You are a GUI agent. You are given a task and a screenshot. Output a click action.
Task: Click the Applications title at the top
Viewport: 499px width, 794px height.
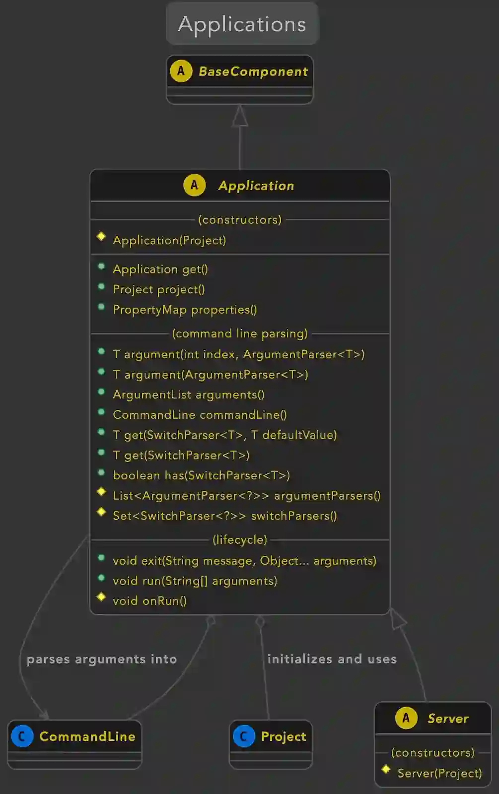(x=242, y=24)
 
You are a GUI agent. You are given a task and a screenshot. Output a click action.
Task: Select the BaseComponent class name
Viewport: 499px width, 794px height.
(x=253, y=71)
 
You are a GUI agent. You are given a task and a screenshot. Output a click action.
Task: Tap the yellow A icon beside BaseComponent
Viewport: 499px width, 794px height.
(x=181, y=71)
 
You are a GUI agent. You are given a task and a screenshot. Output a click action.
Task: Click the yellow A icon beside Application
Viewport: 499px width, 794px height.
(x=194, y=186)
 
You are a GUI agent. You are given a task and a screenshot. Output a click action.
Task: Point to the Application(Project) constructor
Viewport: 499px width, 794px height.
(x=169, y=241)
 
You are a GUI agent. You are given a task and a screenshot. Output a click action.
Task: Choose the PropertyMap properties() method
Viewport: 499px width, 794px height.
(x=185, y=310)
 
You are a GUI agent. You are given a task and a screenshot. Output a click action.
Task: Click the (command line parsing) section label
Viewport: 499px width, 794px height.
(x=240, y=333)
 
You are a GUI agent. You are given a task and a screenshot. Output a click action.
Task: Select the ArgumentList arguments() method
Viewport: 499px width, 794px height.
(x=189, y=395)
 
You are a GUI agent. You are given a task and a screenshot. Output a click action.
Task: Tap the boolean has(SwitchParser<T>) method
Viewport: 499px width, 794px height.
(x=201, y=475)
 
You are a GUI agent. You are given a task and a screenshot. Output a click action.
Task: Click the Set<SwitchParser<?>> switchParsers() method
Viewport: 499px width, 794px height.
(x=224, y=516)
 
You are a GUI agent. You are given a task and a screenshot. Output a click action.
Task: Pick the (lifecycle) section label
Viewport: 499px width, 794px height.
(x=240, y=539)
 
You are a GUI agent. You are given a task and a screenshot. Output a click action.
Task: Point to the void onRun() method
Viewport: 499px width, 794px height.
(x=149, y=601)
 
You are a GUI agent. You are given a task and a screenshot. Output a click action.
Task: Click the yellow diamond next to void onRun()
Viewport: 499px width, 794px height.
(x=101, y=596)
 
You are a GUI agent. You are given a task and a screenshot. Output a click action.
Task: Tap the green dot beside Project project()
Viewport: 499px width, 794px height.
(x=101, y=286)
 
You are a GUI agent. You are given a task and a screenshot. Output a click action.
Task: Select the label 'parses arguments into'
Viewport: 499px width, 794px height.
(x=102, y=659)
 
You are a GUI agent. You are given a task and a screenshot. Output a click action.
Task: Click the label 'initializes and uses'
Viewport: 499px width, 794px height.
(x=332, y=659)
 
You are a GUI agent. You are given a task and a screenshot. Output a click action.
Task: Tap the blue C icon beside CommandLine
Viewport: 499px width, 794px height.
(x=22, y=736)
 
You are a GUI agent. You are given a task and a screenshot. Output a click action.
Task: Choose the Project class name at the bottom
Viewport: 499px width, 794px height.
(x=284, y=736)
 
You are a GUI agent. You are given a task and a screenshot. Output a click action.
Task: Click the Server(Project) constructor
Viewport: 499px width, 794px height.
(x=439, y=773)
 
